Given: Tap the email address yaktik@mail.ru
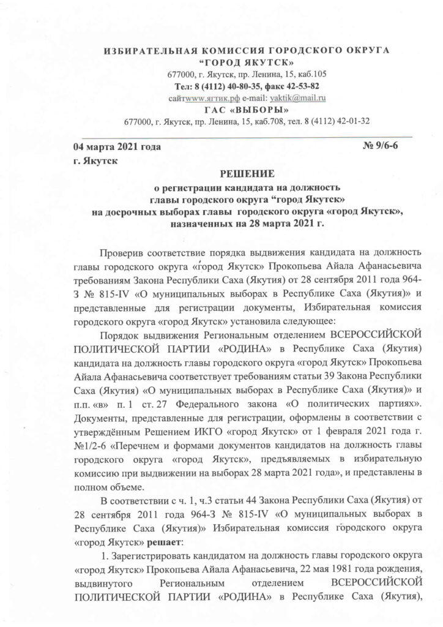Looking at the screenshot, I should pyautogui.click(x=298, y=97).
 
